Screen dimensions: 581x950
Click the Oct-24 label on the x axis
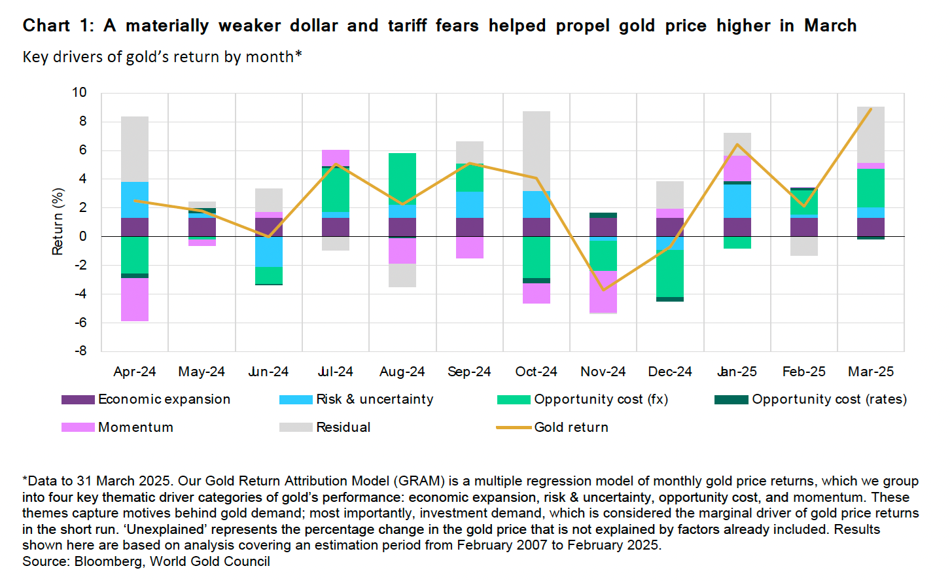click(x=536, y=372)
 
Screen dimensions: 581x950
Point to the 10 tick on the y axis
click(x=79, y=92)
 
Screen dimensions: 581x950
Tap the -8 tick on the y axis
click(x=79, y=351)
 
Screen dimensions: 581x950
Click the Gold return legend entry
click(x=571, y=427)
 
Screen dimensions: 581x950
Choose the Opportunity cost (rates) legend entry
click(x=828, y=399)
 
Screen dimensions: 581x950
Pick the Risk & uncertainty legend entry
click(x=374, y=399)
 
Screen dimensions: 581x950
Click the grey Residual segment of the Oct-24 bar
click(x=537, y=150)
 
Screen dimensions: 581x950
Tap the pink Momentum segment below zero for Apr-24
click(x=135, y=300)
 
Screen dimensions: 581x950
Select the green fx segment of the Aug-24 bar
click(x=402, y=179)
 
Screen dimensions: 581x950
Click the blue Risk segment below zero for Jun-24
click(x=269, y=251)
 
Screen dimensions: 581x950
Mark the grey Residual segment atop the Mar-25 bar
click(x=871, y=135)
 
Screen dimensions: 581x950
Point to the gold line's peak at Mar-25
click(x=871, y=109)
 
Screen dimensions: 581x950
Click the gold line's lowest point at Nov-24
click(x=603, y=289)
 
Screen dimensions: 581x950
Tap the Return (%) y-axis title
click(x=58, y=221)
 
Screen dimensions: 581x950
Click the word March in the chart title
click(x=830, y=26)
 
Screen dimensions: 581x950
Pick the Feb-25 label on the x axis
click(x=803, y=372)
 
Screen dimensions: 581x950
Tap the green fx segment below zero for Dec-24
click(x=670, y=273)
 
